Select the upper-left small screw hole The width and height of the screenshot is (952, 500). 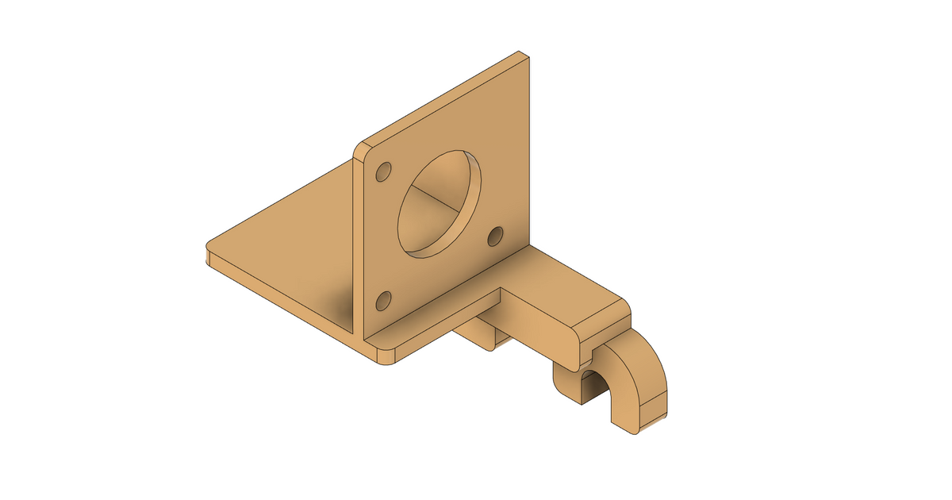click(384, 172)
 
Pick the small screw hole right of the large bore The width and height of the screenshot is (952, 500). click(495, 235)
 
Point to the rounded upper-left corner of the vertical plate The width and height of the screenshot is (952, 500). click(363, 148)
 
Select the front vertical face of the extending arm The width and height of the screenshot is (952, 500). click(547, 325)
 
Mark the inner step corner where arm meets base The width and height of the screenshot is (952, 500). click(501, 291)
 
